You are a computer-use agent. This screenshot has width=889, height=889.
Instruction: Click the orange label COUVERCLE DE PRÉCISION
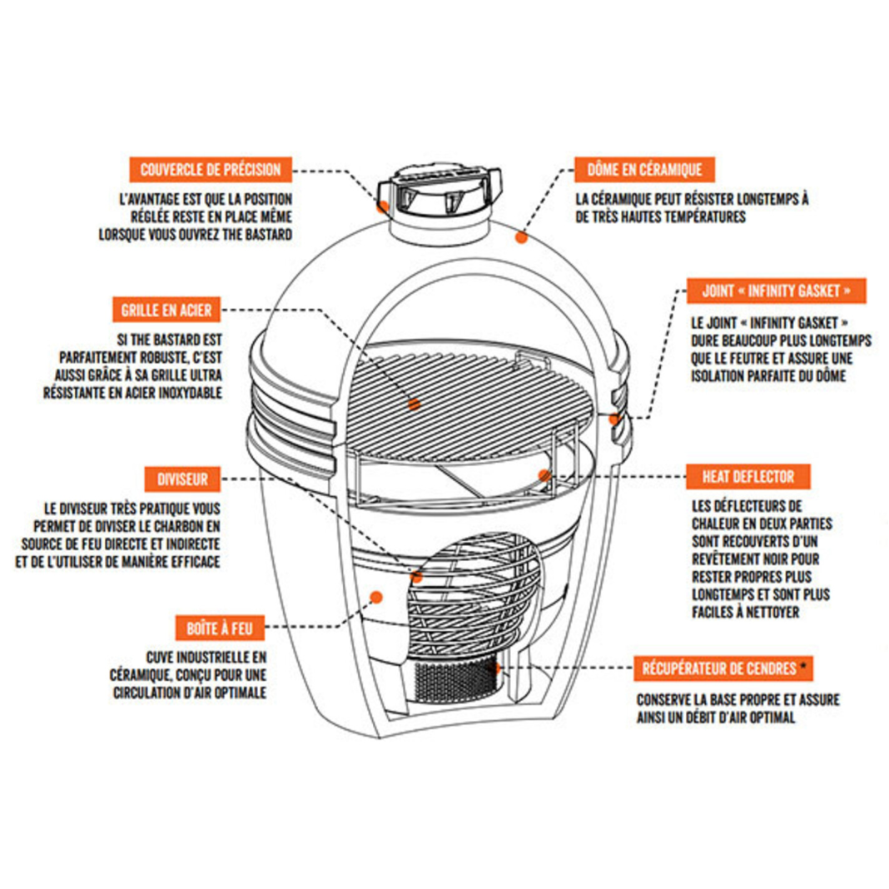(211, 170)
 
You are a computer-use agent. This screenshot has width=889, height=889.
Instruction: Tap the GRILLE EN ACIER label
(167, 311)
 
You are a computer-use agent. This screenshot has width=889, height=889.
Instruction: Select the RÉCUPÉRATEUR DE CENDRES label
(719, 668)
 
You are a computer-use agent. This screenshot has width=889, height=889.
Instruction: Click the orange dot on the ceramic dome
(522, 236)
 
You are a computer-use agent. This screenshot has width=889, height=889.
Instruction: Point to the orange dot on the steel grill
(415, 405)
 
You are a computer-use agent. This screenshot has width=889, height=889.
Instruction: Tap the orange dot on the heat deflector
(544, 475)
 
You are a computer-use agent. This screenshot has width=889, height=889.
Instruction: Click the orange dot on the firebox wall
(375, 596)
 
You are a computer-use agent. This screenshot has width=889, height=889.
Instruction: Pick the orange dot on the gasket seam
(614, 419)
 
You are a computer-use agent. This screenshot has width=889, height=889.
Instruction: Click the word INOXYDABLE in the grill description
(181, 392)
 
